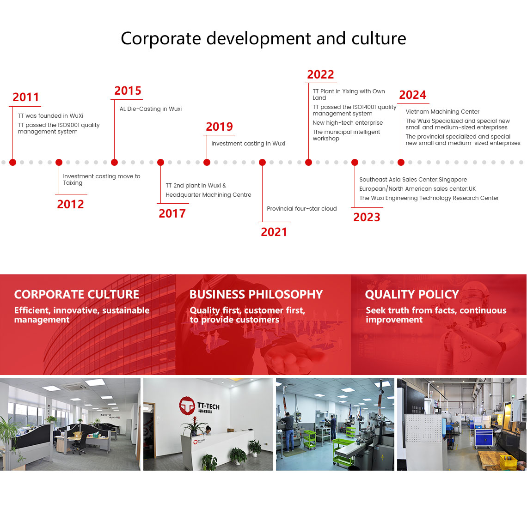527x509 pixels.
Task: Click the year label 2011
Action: (26, 97)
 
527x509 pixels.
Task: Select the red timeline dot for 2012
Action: (59, 163)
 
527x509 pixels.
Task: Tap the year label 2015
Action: (128, 91)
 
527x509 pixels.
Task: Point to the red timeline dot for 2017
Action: (161, 163)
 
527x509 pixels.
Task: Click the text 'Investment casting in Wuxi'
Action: (248, 144)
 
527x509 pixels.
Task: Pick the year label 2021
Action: (274, 232)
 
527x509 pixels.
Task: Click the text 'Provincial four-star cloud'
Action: (302, 208)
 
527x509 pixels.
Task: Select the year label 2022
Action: (321, 74)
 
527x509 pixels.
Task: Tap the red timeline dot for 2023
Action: (355, 163)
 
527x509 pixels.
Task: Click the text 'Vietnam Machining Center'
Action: (442, 111)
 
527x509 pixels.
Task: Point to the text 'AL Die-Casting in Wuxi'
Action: (151, 109)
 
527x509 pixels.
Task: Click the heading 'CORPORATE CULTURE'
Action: (77, 295)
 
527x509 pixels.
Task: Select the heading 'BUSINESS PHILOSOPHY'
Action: (256, 295)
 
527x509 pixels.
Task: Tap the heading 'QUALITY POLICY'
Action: (412, 295)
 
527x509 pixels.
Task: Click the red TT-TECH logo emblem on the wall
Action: (187, 406)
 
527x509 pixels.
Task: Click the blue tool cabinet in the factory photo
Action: (484, 438)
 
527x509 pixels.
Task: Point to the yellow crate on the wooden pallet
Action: (508, 461)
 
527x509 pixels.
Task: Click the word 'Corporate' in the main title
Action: (161, 38)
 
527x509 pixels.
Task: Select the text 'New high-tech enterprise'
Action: (348, 123)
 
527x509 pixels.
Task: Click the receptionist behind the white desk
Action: (208, 430)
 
